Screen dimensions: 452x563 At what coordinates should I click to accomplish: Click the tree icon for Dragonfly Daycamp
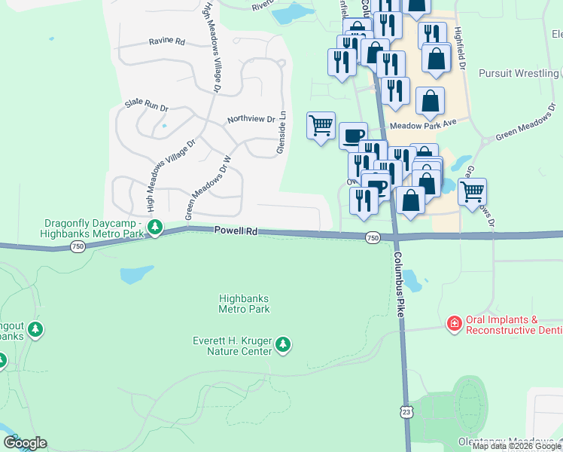coord(155,226)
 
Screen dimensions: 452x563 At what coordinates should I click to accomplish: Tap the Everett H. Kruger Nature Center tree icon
coord(283,345)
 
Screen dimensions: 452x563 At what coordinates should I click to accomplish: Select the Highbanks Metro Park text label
coord(244,304)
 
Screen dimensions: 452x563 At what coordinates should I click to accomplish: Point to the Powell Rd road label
coord(236,231)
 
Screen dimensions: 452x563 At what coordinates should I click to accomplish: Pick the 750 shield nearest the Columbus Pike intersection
coord(372,238)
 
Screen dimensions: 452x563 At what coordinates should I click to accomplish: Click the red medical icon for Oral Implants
coord(454,324)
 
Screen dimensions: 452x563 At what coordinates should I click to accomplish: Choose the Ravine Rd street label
coord(166,41)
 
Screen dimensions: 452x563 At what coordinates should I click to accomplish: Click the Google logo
coord(24,443)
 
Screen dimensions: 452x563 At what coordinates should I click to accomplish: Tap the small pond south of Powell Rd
coord(136,275)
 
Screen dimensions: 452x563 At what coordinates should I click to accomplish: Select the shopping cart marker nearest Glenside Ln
coord(321,125)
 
